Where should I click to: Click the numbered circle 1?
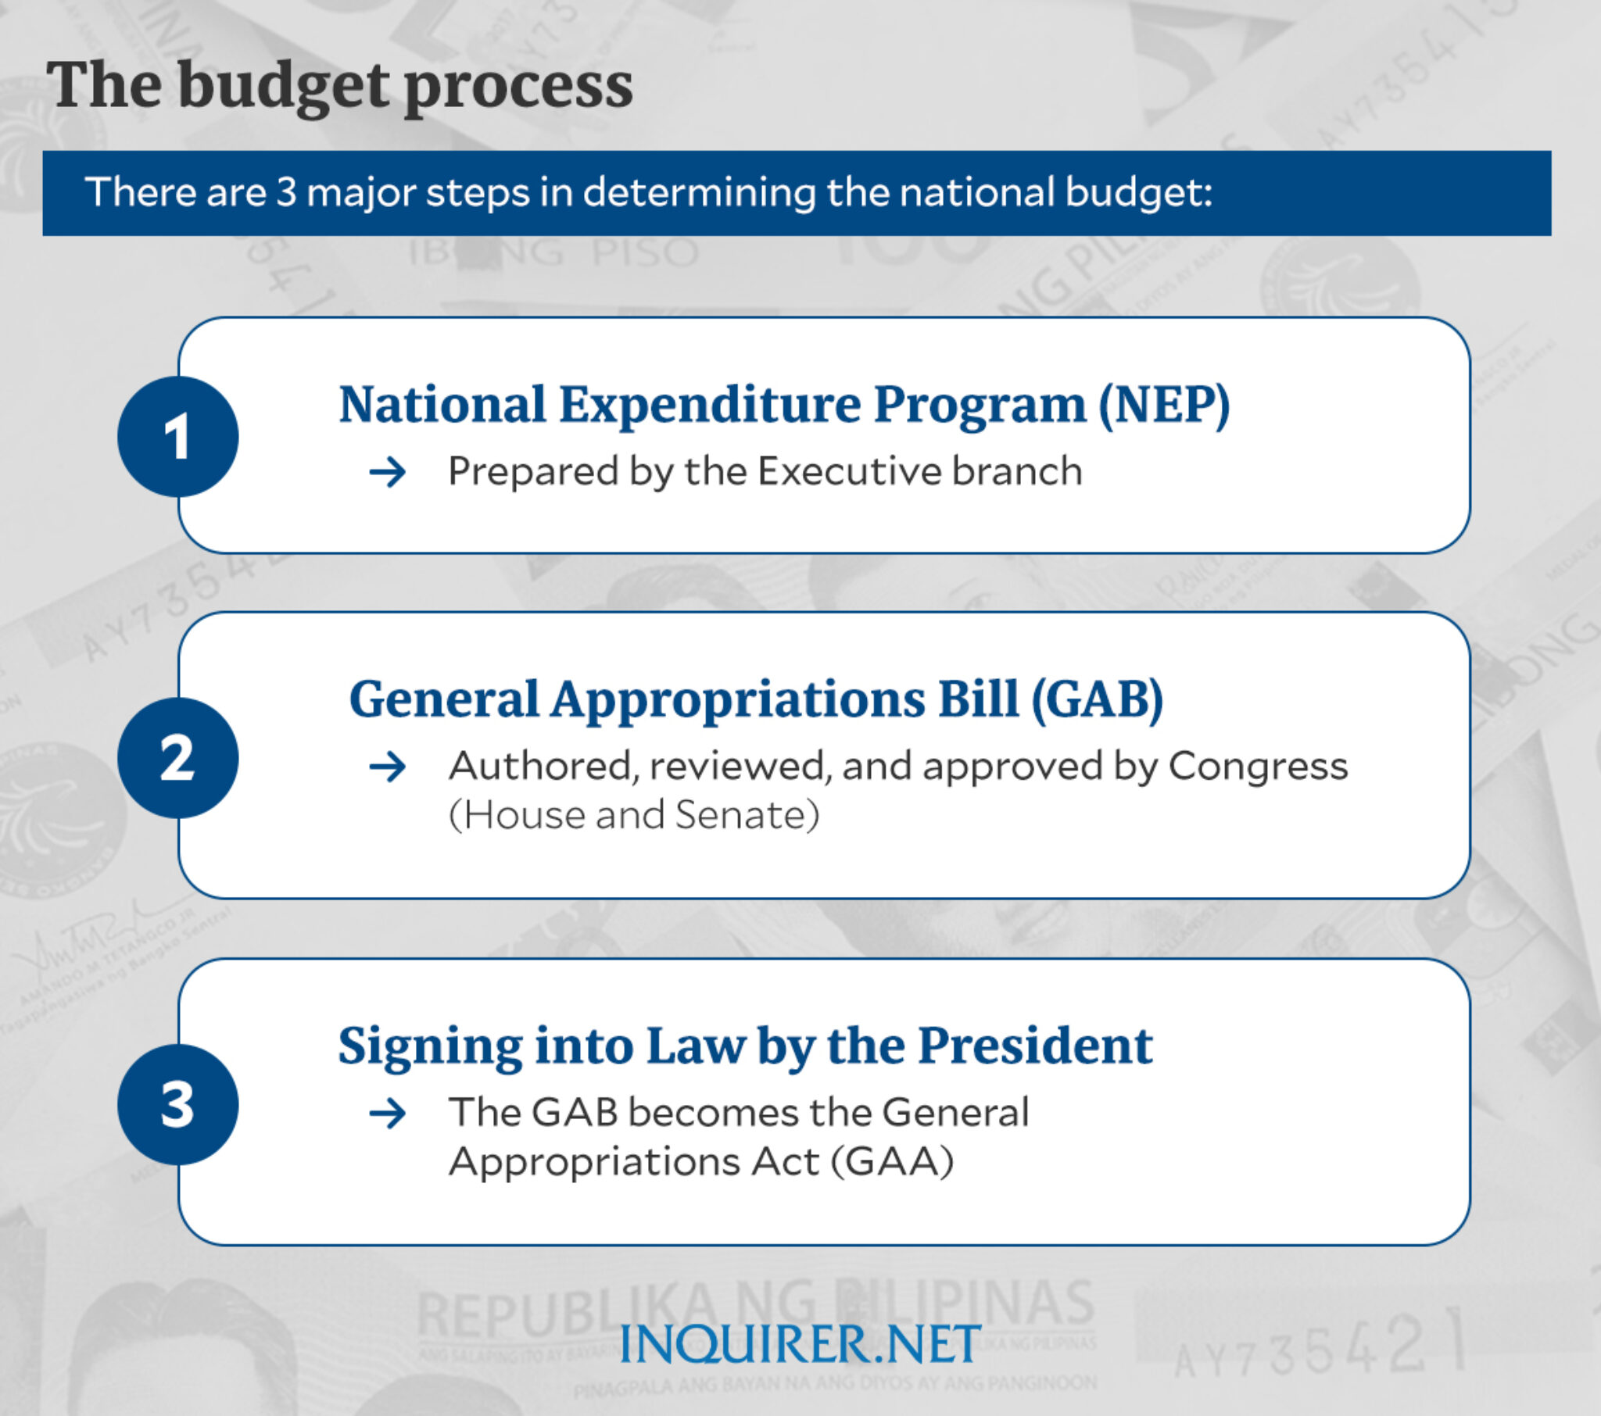[x=177, y=436]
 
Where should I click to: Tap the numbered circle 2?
[x=177, y=757]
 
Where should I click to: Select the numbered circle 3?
[x=177, y=1104]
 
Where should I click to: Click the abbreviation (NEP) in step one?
[x=1164, y=405]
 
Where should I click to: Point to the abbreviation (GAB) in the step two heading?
[x=1097, y=699]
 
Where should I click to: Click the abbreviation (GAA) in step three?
[x=892, y=1160]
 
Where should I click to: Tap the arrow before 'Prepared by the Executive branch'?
[x=388, y=472]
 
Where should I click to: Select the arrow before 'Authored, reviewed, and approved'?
[x=388, y=767]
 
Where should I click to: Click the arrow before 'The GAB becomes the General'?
[x=388, y=1113]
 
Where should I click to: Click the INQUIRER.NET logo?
[x=800, y=1344]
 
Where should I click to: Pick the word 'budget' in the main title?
[x=283, y=86]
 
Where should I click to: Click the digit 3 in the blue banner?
[x=286, y=193]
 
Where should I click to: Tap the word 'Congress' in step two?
[x=1258, y=766]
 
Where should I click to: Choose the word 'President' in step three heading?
[x=1035, y=1046]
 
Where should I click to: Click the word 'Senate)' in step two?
[x=747, y=815]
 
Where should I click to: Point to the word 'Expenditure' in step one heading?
[x=710, y=405]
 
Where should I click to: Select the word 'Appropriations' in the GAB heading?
[x=738, y=699]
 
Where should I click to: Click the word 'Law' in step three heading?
[x=696, y=1046]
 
